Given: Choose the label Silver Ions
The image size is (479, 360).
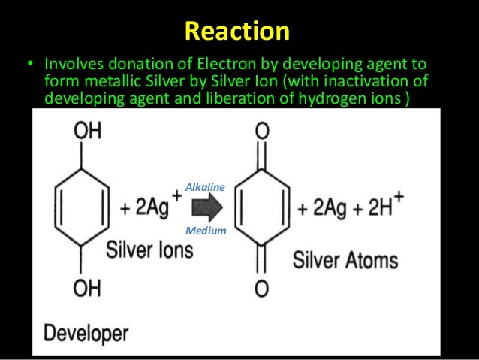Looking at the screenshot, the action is (149, 250).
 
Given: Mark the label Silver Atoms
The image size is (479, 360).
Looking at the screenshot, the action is (345, 261).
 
